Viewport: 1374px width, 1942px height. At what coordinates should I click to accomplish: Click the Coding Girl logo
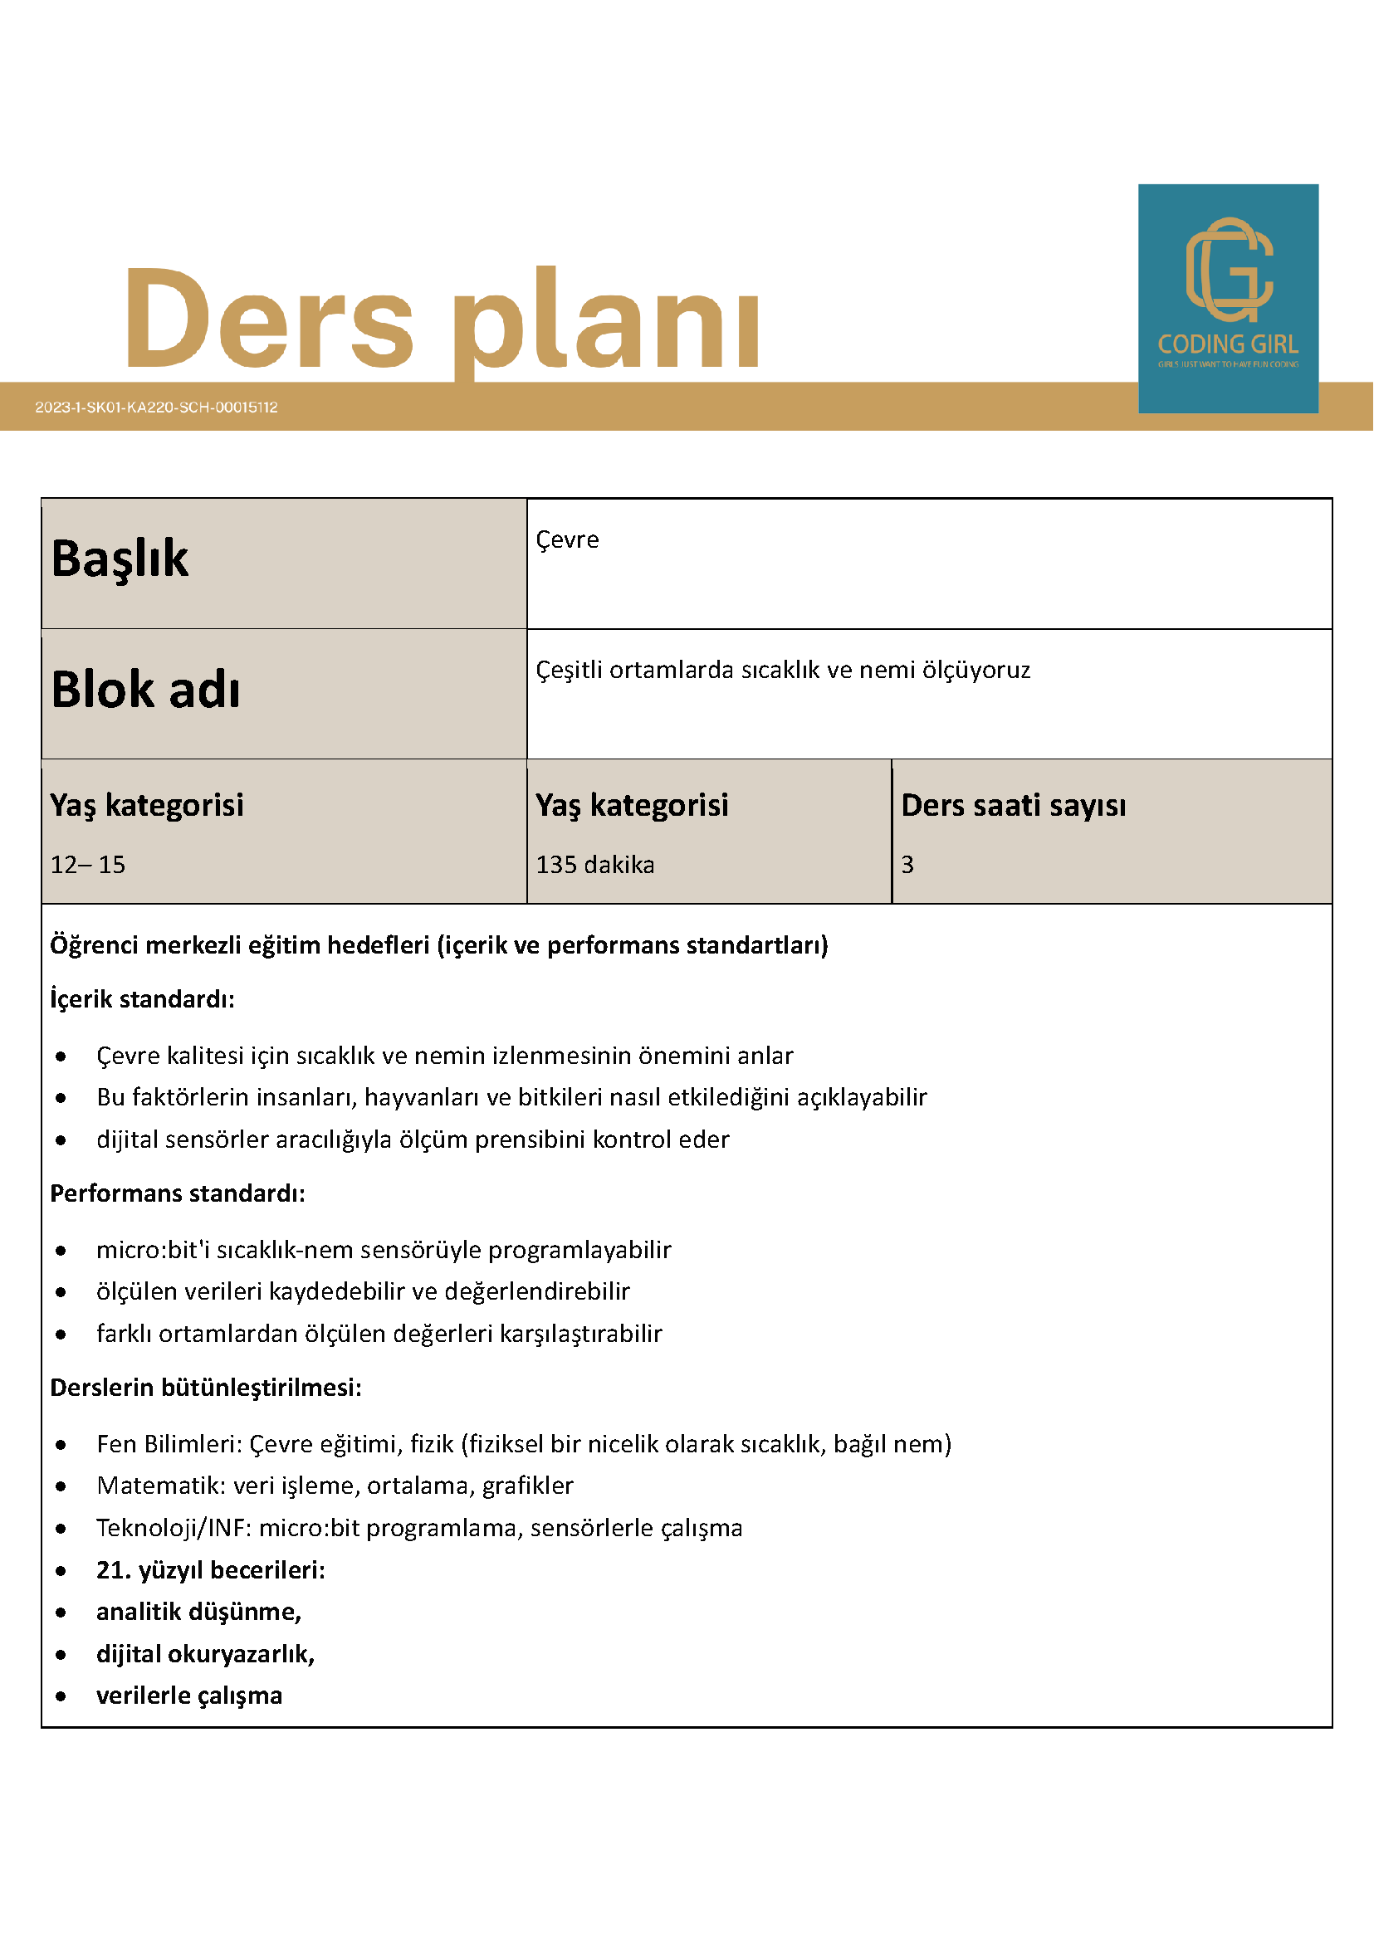(x=1228, y=298)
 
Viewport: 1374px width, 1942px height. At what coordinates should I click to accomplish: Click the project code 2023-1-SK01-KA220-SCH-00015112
(x=157, y=407)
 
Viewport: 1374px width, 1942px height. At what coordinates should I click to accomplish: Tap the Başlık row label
(x=120, y=559)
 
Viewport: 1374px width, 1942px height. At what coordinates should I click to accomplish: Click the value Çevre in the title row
(x=567, y=539)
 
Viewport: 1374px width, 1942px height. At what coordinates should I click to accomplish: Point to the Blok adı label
(x=145, y=690)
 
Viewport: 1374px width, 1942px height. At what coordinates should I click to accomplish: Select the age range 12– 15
(x=88, y=865)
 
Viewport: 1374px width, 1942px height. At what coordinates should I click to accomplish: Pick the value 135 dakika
(x=594, y=865)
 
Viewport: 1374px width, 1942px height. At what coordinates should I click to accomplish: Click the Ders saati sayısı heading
(x=1013, y=805)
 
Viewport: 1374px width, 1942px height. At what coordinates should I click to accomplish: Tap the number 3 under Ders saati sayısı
(x=907, y=865)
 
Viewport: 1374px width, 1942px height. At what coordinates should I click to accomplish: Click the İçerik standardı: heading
(x=142, y=999)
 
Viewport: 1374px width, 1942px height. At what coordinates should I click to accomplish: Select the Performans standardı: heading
(x=178, y=1193)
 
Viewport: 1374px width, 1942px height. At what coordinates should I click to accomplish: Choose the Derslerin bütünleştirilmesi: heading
(x=206, y=1388)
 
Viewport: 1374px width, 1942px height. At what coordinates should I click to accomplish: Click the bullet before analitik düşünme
(x=61, y=1613)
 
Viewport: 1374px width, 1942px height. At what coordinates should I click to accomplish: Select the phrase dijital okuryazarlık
(x=205, y=1654)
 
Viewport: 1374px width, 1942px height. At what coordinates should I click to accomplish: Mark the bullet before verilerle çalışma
(x=61, y=1696)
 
